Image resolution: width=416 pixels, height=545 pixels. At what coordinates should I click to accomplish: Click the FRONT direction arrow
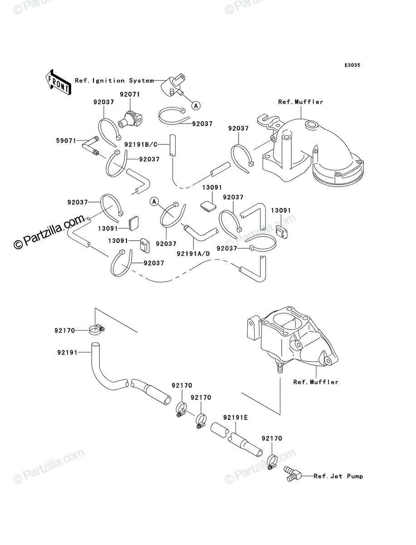[x=58, y=82]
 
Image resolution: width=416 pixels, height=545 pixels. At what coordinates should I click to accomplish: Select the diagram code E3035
[x=352, y=65]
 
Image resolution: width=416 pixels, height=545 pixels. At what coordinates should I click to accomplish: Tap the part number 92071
[x=130, y=94]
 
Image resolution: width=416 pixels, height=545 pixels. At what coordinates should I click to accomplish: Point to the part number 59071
[x=66, y=140]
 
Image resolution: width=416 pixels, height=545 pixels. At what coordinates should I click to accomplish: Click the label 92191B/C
[x=141, y=144]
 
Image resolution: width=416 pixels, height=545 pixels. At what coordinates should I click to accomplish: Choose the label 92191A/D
[x=193, y=254]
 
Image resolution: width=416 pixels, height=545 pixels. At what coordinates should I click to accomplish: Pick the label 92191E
[x=235, y=417]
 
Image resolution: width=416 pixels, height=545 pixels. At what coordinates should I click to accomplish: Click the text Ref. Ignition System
[x=114, y=80]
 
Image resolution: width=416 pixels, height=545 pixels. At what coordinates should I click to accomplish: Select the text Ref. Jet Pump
[x=338, y=476]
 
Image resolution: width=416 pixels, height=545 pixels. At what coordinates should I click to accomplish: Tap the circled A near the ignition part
[x=196, y=106]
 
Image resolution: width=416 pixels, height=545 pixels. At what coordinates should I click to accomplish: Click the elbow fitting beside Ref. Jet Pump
[x=292, y=473]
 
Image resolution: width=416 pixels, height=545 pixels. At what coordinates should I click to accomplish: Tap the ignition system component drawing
[x=173, y=85]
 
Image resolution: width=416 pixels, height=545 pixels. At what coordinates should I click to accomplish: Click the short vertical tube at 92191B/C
[x=172, y=145]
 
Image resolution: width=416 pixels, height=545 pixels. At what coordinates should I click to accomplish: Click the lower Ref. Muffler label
[x=316, y=382]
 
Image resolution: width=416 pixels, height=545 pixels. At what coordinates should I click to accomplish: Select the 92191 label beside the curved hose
[x=67, y=352]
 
